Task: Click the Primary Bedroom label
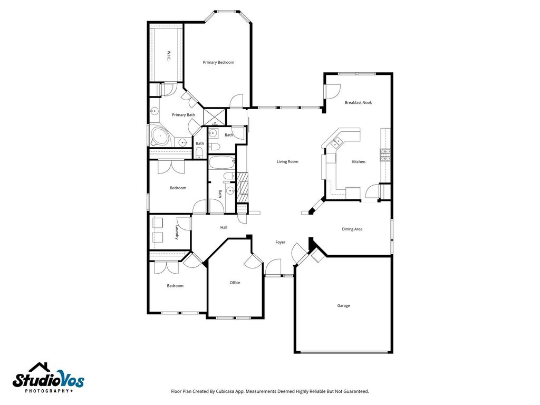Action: (218, 62)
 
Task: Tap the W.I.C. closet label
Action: (168, 56)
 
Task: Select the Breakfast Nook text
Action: (358, 102)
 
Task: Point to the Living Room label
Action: (287, 161)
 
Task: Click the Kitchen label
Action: (359, 161)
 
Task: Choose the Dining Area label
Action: (352, 229)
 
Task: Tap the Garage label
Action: (343, 305)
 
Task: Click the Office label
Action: (235, 283)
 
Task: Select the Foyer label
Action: (281, 242)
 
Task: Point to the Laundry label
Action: (177, 232)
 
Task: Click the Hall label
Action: (224, 227)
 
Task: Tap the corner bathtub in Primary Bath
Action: (160, 137)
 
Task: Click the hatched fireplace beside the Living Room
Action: (243, 187)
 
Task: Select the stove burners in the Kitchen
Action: (385, 155)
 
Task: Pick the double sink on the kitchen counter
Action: (336, 142)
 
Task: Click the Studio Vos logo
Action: (48, 378)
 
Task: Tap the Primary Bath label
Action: (183, 114)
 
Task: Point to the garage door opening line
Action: (344, 352)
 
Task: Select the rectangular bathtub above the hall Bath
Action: (222, 162)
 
